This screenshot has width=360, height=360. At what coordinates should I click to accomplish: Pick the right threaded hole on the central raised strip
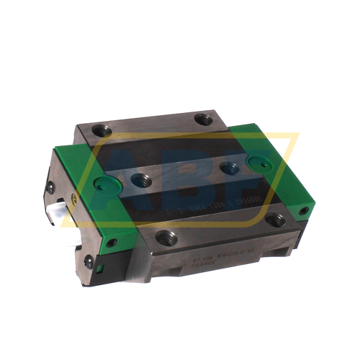pos(229,168)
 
